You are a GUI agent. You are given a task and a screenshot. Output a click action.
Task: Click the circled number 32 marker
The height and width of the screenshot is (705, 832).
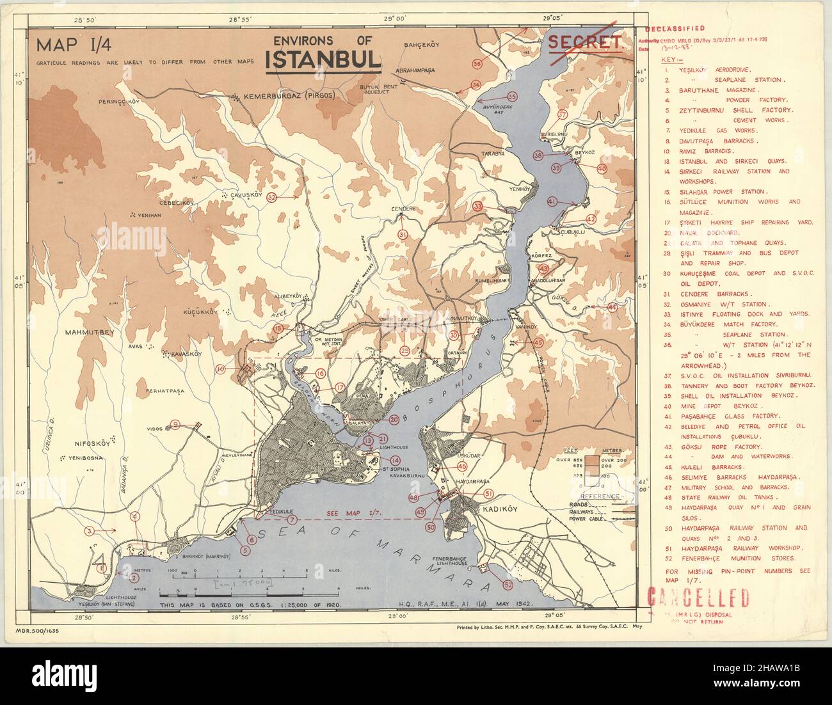(272, 198)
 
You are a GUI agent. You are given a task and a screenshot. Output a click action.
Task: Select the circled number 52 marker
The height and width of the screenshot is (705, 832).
(508, 585)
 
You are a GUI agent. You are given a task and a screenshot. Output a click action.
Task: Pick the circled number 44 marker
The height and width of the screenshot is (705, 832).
(612, 308)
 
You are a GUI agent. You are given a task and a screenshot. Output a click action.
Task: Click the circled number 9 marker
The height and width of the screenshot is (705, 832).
(175, 424)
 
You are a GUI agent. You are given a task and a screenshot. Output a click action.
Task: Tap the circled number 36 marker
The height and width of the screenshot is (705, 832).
(477, 64)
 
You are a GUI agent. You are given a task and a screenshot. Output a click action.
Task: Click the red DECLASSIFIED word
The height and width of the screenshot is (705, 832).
(675, 29)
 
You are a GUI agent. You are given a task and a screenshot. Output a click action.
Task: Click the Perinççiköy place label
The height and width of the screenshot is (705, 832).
(118, 102)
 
